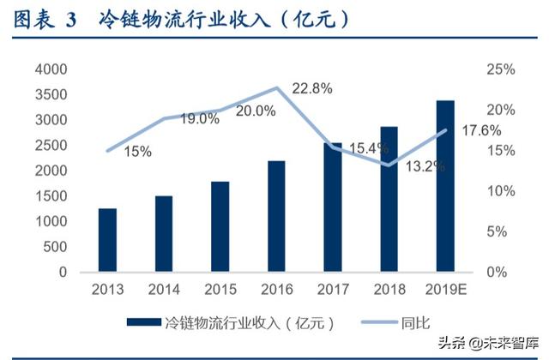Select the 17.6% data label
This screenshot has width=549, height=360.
[481, 131]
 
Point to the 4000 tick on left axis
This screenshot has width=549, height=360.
[51, 69]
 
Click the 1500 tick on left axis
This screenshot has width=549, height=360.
[51, 196]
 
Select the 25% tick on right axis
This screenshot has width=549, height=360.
[500, 69]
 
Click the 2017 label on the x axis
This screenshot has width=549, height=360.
[333, 290]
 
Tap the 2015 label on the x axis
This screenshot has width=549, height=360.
[220, 290]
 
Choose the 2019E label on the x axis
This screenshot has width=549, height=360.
[446, 290]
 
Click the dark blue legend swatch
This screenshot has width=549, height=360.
[145, 323]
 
